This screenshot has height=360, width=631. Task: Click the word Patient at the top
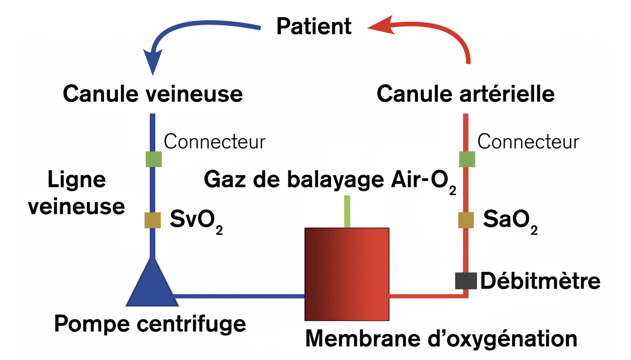point(314,26)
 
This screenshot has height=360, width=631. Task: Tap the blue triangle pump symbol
point(151,286)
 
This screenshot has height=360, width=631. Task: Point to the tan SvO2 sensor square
point(152,220)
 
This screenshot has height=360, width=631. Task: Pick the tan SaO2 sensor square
point(466,220)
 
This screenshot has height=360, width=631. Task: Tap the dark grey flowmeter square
point(465,281)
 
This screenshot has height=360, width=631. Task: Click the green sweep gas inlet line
point(348,211)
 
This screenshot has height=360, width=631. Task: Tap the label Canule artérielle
point(465,94)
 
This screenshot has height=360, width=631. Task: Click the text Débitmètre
point(540,281)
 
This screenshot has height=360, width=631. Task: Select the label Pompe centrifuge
point(150,324)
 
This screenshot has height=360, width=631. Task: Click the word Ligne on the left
point(76,181)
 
